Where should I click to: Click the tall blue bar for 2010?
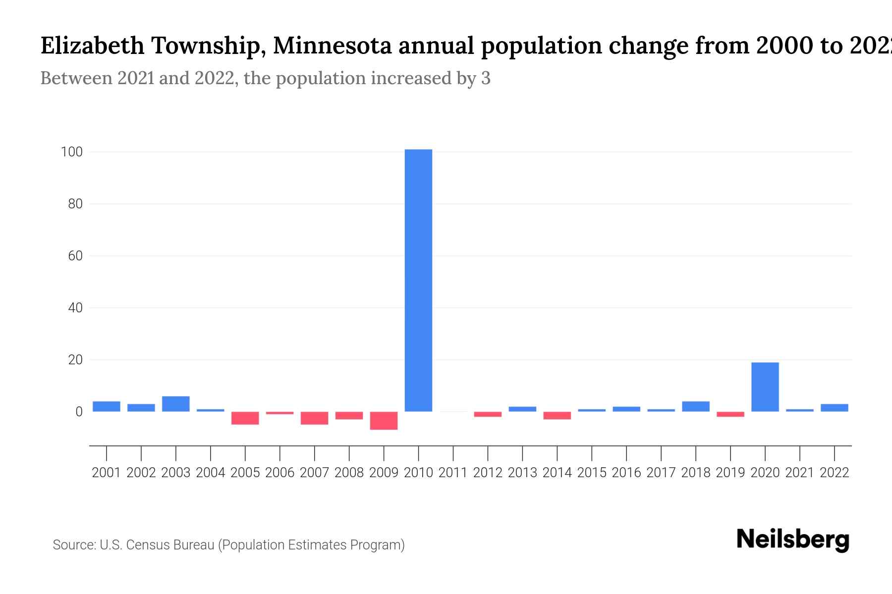pos(418,280)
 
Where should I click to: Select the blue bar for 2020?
pos(765,387)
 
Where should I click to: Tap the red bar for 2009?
pos(384,420)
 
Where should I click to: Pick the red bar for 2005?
pos(245,418)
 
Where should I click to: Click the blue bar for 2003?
pos(175,404)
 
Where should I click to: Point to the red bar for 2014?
pos(557,415)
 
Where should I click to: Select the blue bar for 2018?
pos(695,406)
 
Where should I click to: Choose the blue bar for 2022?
pos(834,408)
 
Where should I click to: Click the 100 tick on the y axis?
pos(71,152)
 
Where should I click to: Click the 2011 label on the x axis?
pos(453,473)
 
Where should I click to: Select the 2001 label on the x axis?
pos(107,473)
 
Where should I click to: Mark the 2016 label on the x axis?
pos(626,473)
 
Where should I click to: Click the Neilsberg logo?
pos(793,540)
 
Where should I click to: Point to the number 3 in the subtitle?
pos(486,78)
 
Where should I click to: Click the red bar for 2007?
pos(314,418)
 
